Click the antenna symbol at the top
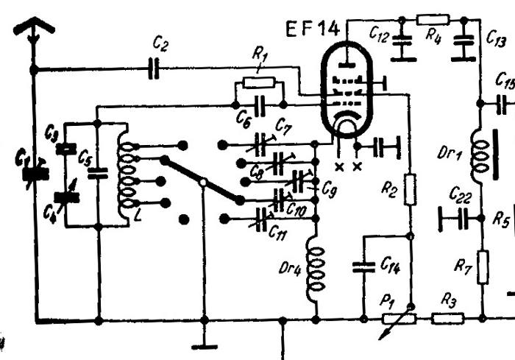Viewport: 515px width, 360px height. (x=33, y=28)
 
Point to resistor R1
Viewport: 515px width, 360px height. (x=259, y=82)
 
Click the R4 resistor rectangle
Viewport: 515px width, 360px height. (x=433, y=19)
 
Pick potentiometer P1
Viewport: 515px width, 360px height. (x=398, y=320)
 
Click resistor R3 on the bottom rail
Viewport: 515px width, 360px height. (x=447, y=320)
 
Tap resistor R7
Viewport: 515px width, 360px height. (x=483, y=267)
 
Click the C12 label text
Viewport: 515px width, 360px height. (x=380, y=34)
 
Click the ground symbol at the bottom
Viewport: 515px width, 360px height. (x=204, y=345)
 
